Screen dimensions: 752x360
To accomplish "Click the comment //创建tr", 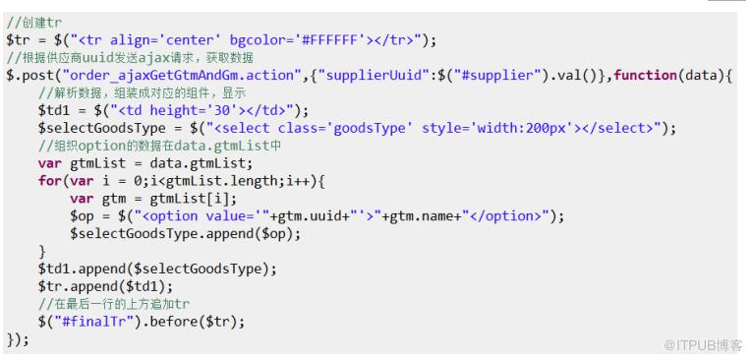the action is click(34, 22).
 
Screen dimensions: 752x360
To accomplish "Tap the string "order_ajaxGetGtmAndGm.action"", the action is click(181, 76).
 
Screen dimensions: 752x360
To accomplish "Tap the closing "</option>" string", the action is click(509, 216).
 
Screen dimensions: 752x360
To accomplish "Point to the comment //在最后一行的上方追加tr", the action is click(114, 304).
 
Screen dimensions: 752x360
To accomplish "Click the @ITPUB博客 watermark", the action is click(704, 345).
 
